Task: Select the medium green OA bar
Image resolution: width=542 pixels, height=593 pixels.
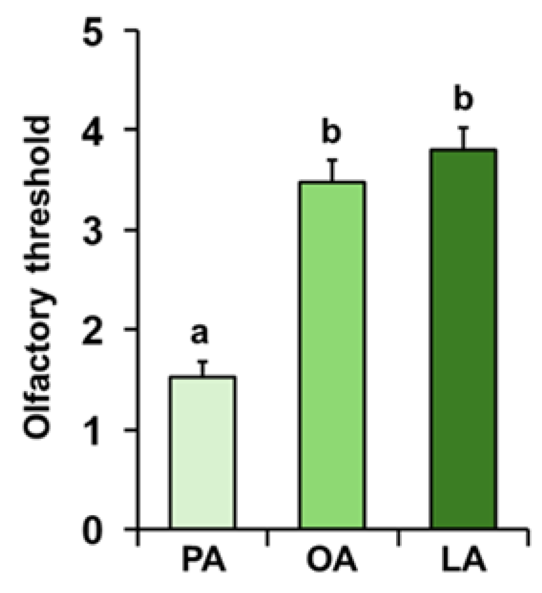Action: (x=332, y=355)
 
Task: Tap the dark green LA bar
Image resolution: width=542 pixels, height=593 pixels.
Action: (x=464, y=339)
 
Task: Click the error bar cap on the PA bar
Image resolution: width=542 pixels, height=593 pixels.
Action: (x=203, y=361)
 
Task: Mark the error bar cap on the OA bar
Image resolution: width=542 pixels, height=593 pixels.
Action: (x=332, y=160)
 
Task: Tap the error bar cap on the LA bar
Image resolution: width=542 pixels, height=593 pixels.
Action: (x=464, y=128)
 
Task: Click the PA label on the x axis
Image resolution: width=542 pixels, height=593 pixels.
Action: (x=203, y=561)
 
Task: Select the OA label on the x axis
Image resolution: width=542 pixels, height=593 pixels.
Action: (x=332, y=561)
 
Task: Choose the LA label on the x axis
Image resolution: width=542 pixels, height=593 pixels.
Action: (x=463, y=561)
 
